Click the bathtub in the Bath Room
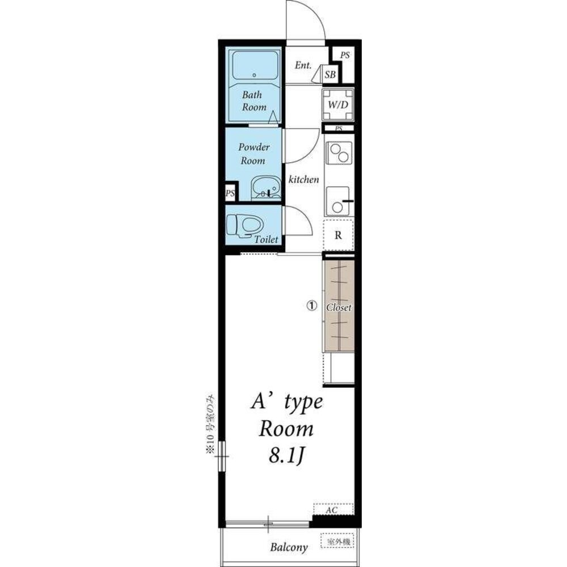255,65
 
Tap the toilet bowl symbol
244,226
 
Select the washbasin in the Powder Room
266,188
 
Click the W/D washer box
338,104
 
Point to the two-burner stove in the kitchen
339,153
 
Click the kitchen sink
338,201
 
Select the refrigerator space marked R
338,235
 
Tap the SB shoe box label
330,75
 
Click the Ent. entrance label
303,65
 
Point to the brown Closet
339,306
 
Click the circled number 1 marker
312,306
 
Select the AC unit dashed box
333,509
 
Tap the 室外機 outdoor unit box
337,541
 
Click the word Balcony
289,547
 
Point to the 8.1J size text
285,456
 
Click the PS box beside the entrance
345,56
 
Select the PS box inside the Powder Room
230,193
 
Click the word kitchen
304,179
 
